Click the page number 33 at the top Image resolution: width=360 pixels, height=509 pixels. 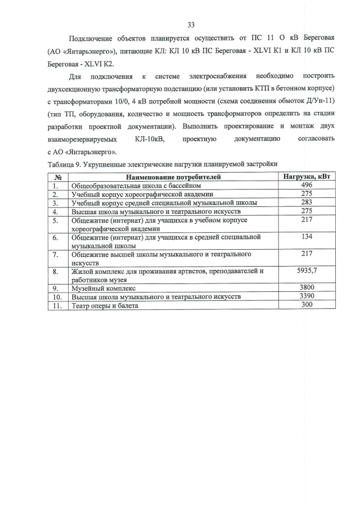click(191, 25)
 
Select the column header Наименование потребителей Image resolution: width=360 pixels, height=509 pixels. click(173, 177)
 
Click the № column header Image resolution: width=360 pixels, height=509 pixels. click(57, 177)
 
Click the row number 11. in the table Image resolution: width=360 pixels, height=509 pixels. click(57, 305)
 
